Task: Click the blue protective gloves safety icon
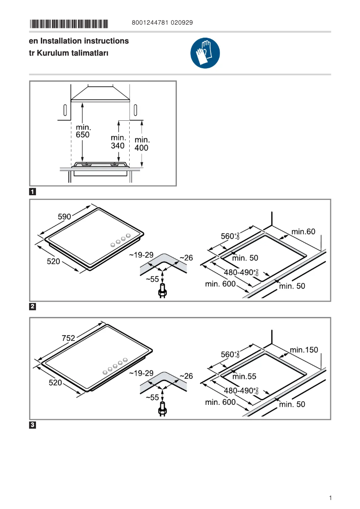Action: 205,53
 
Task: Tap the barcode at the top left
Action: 69,23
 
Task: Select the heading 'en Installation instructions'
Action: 79,41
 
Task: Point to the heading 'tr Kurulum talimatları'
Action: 69,53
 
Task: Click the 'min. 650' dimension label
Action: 83,131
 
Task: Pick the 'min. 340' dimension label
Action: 118,141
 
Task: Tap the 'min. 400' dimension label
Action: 142,144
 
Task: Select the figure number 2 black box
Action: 33,307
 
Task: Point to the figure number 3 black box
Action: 33,425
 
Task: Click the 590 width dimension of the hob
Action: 65,216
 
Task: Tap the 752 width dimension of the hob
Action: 68,338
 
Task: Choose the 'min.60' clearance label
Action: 303,232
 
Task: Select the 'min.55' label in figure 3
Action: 244,377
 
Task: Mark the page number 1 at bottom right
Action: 330,498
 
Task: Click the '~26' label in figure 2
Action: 186,258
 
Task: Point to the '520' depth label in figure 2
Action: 53,261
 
